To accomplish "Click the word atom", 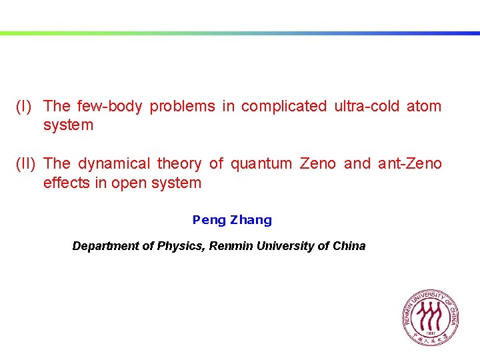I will point(424,106).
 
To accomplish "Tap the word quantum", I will point(261,163).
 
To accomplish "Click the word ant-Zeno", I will point(409,163).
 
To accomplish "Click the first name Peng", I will point(209,220).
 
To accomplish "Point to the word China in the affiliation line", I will point(349,246).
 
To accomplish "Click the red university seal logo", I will point(430,317).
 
